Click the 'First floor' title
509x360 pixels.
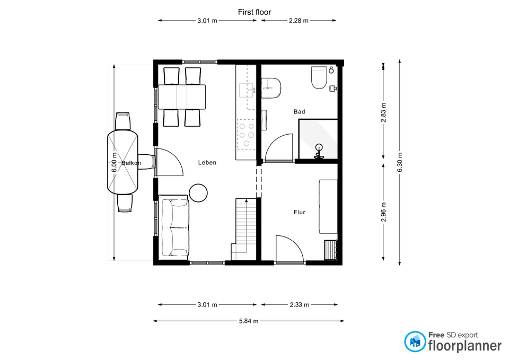[254, 12]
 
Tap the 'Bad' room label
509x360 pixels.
[299, 112]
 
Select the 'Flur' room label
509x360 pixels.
[299, 212]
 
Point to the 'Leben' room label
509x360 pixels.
[207, 163]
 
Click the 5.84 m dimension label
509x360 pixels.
[249, 321]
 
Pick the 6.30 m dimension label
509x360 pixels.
[400, 162]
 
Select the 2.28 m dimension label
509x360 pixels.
[299, 21]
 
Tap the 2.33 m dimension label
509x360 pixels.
[300, 305]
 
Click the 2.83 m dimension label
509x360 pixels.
[384, 112]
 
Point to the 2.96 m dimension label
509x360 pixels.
[384, 212]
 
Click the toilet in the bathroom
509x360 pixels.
[319, 77]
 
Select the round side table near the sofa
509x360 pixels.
[198, 193]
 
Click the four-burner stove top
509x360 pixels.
[247, 134]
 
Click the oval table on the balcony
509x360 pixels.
[122, 162]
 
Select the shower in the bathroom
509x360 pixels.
[318, 139]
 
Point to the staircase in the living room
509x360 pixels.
[244, 229]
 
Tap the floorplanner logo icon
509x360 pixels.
[415, 341]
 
